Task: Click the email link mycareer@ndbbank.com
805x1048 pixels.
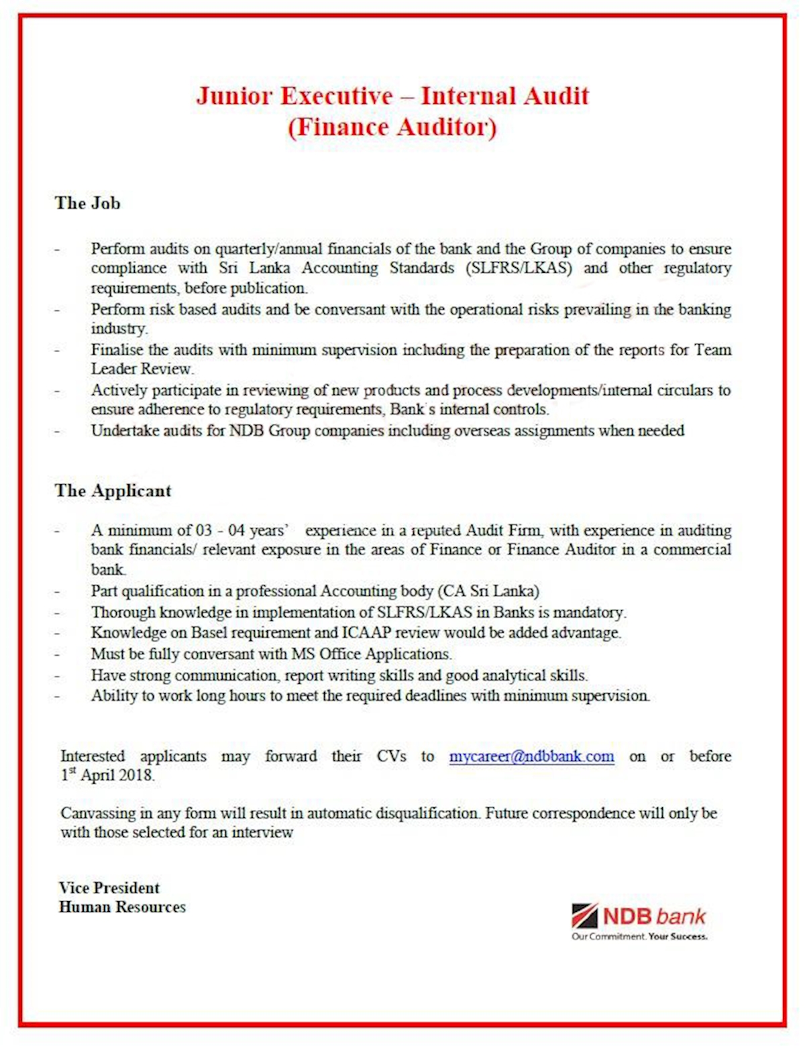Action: click(531, 756)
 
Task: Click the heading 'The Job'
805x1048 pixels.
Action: click(88, 203)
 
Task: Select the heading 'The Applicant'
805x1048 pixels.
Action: click(113, 491)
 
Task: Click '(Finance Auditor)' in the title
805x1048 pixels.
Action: click(392, 127)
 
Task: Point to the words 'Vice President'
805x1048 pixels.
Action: click(109, 888)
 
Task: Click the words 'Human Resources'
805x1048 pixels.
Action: click(122, 907)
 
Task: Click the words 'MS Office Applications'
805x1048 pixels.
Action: click(371, 654)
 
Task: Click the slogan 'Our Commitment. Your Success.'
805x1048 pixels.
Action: click(639, 937)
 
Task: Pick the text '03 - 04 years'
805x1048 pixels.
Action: click(241, 530)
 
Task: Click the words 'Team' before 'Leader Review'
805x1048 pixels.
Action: click(712, 350)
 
